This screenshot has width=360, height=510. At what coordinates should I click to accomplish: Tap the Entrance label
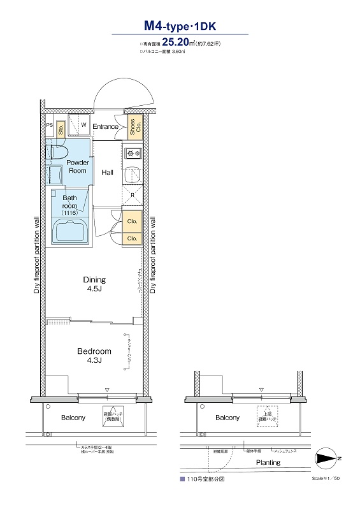pyautogui.click(x=105, y=126)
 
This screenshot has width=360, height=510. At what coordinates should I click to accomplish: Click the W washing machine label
pyautogui.click(x=83, y=125)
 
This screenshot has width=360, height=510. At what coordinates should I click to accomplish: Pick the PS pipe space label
pyautogui.click(x=49, y=126)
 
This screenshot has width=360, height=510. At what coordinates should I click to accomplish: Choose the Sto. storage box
pyautogui.click(x=60, y=129)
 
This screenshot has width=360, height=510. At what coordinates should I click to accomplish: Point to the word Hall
pyautogui.click(x=107, y=173)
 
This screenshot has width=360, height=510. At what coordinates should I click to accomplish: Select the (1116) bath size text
pyautogui.click(x=69, y=214)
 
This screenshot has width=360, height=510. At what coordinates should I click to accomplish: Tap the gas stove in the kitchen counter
pyautogui.click(x=133, y=153)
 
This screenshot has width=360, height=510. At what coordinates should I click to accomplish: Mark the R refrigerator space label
pyautogui.click(x=132, y=194)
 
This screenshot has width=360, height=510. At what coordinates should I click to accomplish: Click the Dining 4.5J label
pyautogui.click(x=94, y=284)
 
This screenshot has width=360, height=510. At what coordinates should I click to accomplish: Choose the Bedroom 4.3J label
pyautogui.click(x=94, y=356)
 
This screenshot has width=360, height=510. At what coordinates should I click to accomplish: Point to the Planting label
pyautogui.click(x=268, y=462)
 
